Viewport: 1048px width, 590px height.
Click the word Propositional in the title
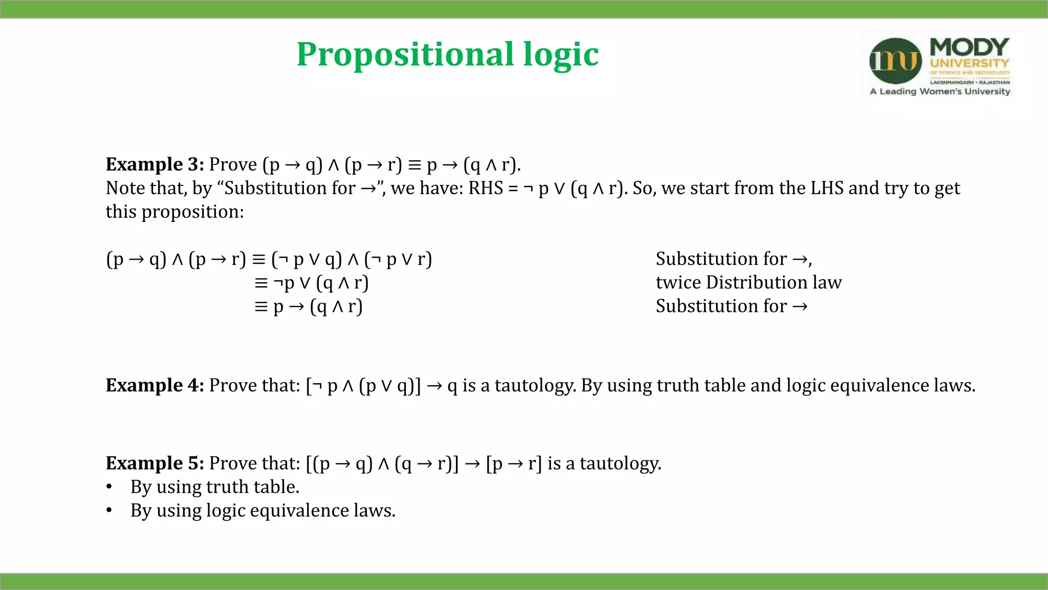click(x=405, y=54)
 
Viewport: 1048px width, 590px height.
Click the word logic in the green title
click(x=561, y=54)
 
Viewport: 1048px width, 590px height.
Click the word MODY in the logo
click(x=969, y=47)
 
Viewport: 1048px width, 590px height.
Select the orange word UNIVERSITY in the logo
click(x=969, y=64)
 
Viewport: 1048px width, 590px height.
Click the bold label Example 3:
click(x=155, y=164)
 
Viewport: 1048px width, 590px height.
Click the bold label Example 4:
click(x=155, y=385)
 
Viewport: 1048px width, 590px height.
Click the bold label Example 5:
click(x=155, y=463)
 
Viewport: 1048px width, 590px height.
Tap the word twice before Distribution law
click(x=678, y=282)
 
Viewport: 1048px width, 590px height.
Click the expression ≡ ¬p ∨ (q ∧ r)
click(x=311, y=283)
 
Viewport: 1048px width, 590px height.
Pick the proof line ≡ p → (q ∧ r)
click(x=309, y=306)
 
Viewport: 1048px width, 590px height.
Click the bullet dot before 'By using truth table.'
click(x=109, y=487)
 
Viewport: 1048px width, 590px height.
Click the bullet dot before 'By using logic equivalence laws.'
click(x=109, y=511)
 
